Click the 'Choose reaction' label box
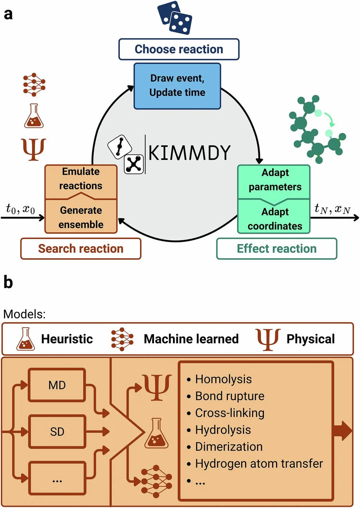click(x=179, y=49)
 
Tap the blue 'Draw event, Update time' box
click(x=177, y=86)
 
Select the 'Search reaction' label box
click(x=81, y=249)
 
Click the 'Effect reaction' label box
click(x=276, y=249)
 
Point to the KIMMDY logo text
click(x=189, y=153)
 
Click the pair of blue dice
click(x=175, y=18)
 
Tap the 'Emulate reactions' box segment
click(x=81, y=179)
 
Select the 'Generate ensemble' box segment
click(x=81, y=217)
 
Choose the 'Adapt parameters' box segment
click(x=275, y=180)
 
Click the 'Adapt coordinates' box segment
click(x=275, y=219)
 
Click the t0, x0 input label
click(x=21, y=209)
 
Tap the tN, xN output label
click(x=332, y=209)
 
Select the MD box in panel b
click(x=57, y=385)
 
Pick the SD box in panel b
click(x=57, y=432)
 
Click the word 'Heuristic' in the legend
click(x=67, y=339)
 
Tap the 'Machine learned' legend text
click(x=191, y=339)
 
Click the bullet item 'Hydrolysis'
click(x=223, y=430)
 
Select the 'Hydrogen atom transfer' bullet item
click(x=259, y=464)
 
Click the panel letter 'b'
click(x=8, y=283)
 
